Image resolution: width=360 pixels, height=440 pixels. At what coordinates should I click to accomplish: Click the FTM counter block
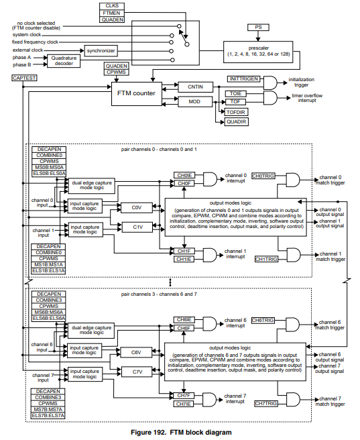(x=136, y=94)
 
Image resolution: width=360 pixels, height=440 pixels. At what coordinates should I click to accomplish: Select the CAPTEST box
(x=24, y=78)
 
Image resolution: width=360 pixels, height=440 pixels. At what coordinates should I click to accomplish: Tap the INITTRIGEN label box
(x=243, y=79)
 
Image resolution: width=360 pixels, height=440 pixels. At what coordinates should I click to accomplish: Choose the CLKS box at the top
(x=113, y=5)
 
